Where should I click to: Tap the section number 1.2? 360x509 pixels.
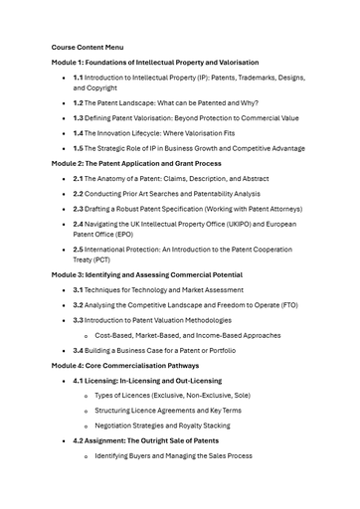[78, 102]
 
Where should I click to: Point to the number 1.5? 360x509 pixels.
[78, 148]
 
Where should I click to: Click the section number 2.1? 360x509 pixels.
[78, 178]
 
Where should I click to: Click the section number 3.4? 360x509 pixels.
[78, 350]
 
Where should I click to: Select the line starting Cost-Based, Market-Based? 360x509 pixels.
[188, 335]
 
